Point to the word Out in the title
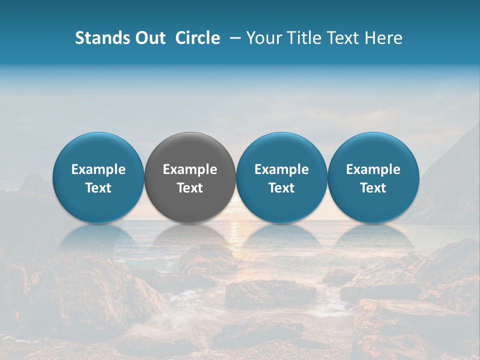tap(150, 38)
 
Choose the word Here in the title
tap(383, 38)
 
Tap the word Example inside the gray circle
tap(190, 169)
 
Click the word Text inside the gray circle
tap(190, 188)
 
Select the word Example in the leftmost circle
tap(98, 169)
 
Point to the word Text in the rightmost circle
tap(373, 188)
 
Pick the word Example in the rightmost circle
tap(373, 169)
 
